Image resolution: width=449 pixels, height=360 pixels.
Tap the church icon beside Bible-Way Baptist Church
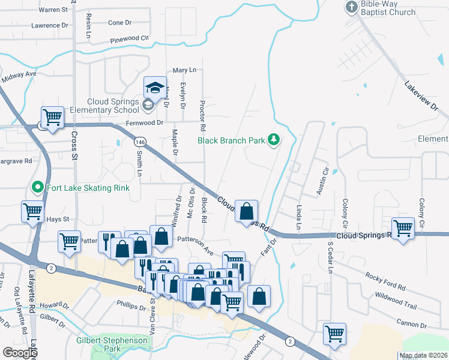(x=351, y=7)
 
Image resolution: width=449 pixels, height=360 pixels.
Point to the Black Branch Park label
(x=231, y=140)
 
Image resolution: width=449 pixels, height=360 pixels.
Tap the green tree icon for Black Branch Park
(x=274, y=140)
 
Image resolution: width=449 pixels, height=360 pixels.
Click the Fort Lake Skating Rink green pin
(x=37, y=187)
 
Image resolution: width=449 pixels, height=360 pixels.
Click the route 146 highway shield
(x=139, y=142)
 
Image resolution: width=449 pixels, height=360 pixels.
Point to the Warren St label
(x=53, y=10)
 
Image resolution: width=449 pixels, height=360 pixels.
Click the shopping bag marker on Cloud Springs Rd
(x=246, y=212)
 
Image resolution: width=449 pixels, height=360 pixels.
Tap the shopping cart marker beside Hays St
(x=32, y=211)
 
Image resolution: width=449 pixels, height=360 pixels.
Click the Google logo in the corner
(x=19, y=352)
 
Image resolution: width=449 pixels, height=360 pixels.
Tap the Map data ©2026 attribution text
(x=423, y=355)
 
